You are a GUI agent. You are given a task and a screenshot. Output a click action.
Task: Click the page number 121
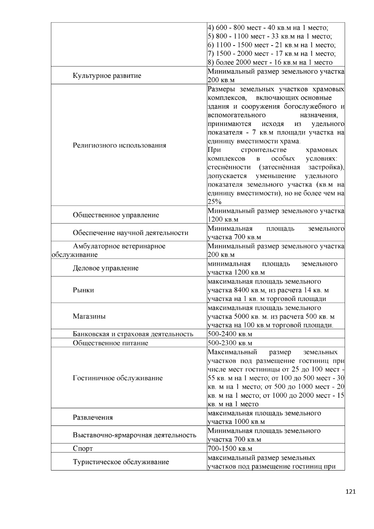(351, 492)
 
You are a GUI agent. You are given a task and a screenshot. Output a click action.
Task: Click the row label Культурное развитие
(107, 76)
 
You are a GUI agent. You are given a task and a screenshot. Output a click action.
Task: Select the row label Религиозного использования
(119, 145)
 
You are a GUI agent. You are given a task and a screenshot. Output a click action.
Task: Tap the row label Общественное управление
(116, 215)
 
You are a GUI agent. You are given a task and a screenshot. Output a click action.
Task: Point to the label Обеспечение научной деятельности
(131, 233)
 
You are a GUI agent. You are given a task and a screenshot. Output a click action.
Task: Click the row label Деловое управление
(106, 268)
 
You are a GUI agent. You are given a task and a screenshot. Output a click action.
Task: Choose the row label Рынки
(83, 290)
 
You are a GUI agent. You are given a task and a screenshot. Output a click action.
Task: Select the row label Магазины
(89, 317)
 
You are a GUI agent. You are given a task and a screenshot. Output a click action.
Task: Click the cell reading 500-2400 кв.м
(230, 334)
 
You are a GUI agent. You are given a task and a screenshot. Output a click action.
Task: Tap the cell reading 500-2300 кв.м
(230, 343)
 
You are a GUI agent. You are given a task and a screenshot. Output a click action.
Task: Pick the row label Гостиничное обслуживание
(118, 378)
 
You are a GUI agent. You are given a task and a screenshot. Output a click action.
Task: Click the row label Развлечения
(93, 417)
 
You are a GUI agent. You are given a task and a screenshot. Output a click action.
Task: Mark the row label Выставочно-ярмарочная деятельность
(135, 435)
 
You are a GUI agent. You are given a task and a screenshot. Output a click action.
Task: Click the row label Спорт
(83, 449)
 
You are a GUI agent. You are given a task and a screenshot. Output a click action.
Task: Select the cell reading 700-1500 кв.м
(230, 449)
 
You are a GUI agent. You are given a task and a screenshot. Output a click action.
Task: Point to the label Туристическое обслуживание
(121, 462)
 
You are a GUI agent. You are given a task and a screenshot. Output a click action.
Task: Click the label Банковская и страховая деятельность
(133, 334)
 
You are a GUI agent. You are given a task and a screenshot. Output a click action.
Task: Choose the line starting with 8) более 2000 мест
(270, 62)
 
